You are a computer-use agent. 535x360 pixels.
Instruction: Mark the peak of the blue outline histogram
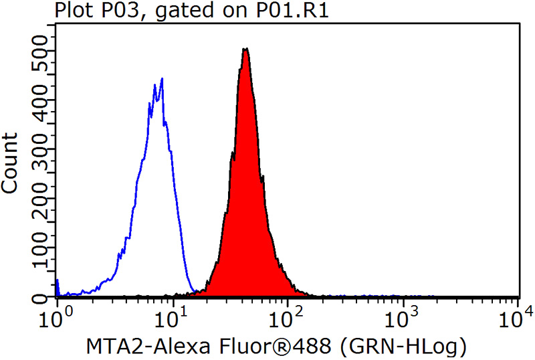tap(161, 79)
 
